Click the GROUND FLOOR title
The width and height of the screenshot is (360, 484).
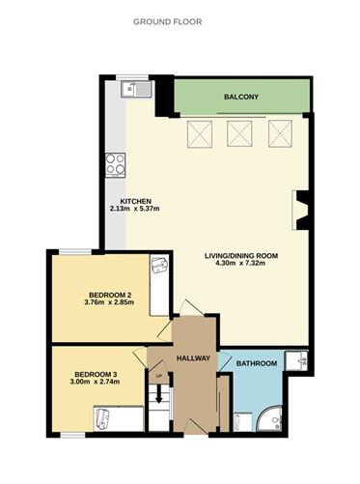[x=168, y=22]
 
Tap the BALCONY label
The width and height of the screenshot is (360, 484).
[x=241, y=97]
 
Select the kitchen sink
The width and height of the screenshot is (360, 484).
[x=136, y=89]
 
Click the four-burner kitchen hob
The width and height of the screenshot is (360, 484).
[x=116, y=165]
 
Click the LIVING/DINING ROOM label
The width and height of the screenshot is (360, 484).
[x=241, y=256]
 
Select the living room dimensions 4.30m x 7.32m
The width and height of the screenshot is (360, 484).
[x=241, y=263]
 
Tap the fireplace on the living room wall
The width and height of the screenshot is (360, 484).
[x=300, y=211]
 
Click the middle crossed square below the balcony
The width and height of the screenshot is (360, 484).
[x=239, y=133]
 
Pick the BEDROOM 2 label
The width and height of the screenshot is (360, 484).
[x=110, y=295]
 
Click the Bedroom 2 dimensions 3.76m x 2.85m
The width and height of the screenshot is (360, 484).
[x=109, y=302]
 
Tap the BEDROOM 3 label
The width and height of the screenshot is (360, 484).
[x=96, y=375]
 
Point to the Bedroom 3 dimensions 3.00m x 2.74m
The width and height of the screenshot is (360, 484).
[x=95, y=382]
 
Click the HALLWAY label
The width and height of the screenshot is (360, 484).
[x=193, y=358]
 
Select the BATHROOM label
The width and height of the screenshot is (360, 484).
[x=257, y=363]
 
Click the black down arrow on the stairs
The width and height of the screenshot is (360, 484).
[x=158, y=394]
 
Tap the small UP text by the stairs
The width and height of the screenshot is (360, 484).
[x=158, y=376]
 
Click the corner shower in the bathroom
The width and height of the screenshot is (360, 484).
[x=270, y=418]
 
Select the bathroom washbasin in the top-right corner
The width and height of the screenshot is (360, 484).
[x=296, y=362]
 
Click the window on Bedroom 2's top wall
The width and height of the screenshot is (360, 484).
[x=75, y=252]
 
